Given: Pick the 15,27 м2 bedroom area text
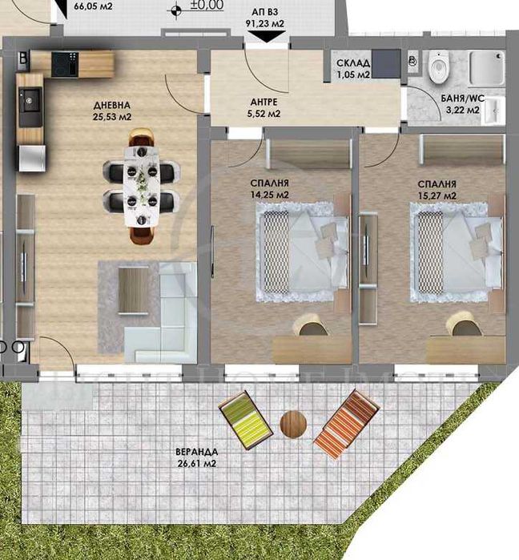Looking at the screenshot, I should tap(437, 195).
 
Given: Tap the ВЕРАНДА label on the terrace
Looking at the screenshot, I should tap(197, 451).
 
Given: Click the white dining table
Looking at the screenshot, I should tap(143, 187).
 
